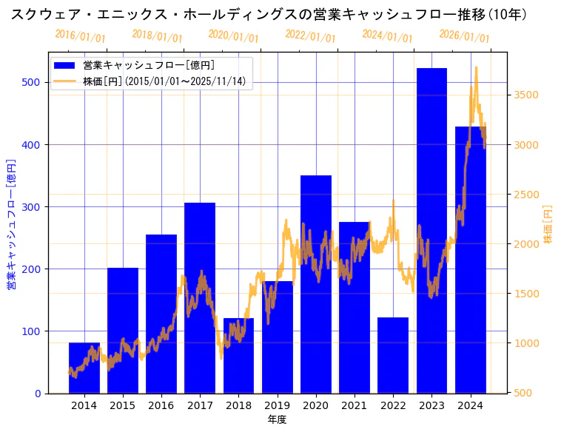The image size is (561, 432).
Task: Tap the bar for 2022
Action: [x=393, y=355]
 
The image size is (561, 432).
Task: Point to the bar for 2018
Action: [x=238, y=355]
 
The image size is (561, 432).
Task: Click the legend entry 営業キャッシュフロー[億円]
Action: [x=149, y=65]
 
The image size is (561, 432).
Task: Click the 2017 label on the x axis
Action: [x=200, y=405]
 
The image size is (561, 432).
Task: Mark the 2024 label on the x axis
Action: [x=471, y=405]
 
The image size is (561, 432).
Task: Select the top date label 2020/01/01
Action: [x=233, y=36]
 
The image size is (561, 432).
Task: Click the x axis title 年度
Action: [x=277, y=419]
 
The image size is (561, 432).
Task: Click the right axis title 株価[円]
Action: [x=548, y=225]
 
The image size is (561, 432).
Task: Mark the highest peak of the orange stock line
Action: [x=476, y=67]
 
